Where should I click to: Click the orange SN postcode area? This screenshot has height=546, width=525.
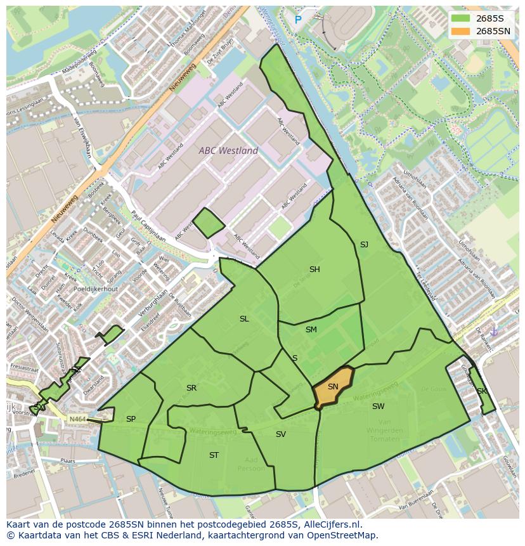pyautogui.click(x=333, y=387)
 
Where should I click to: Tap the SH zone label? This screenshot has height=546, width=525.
pyautogui.click(x=314, y=270)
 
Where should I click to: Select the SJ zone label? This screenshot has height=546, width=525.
pyautogui.click(x=364, y=245)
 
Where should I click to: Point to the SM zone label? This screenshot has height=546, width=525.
pyautogui.click(x=311, y=330)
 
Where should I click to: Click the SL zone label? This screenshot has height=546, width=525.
pyautogui.click(x=244, y=319)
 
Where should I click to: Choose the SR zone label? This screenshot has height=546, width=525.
pyautogui.click(x=191, y=388)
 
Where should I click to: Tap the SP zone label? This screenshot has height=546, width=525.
pyautogui.click(x=131, y=419)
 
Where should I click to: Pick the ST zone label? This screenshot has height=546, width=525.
pyautogui.click(x=214, y=455)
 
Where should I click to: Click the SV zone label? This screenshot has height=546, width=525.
pyautogui.click(x=281, y=434)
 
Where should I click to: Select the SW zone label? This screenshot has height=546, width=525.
pyautogui.click(x=378, y=406)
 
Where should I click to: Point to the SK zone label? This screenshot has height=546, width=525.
pyautogui.click(x=482, y=391)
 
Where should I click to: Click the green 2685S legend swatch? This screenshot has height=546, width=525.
pyautogui.click(x=461, y=18)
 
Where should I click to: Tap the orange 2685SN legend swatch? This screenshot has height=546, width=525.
pyautogui.click(x=461, y=31)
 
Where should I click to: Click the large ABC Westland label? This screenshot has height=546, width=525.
pyautogui.click(x=228, y=151)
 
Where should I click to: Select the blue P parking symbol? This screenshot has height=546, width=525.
pyautogui.click(x=298, y=20)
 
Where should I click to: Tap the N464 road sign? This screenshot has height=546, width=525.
pyautogui.click(x=77, y=419)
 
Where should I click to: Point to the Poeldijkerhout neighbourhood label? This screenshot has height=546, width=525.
pyautogui.click(x=96, y=289)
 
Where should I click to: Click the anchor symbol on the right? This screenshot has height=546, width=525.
pyautogui.click(x=495, y=332)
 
